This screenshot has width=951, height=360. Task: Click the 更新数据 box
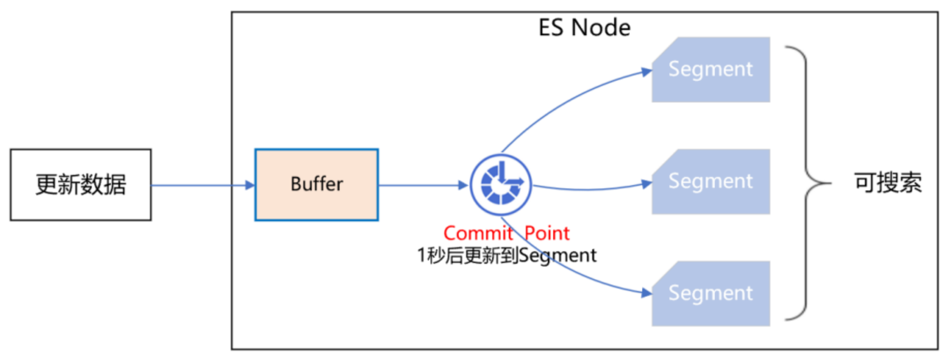click(x=81, y=185)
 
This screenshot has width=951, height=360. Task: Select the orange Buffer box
click(x=316, y=185)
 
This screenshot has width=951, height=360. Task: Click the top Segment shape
click(x=711, y=69)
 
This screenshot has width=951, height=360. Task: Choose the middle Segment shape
click(x=711, y=181)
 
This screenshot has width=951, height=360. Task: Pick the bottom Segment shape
click(x=711, y=292)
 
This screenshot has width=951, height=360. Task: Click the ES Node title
click(x=585, y=27)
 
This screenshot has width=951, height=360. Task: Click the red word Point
click(x=547, y=233)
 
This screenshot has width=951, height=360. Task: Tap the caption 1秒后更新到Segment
click(x=506, y=255)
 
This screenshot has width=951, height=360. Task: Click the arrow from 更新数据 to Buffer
click(x=203, y=185)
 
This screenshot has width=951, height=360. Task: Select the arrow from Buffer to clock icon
click(x=423, y=185)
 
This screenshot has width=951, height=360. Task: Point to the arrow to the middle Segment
click(x=590, y=184)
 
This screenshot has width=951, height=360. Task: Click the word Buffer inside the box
click(x=316, y=185)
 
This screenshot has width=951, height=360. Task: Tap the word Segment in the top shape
click(x=711, y=69)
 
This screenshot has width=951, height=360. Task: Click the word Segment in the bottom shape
click(x=711, y=292)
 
